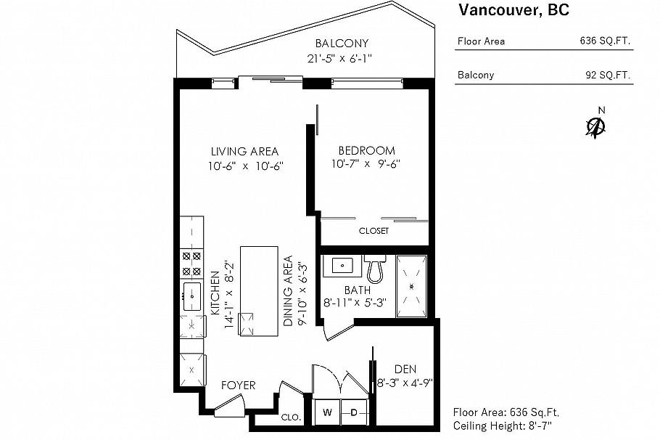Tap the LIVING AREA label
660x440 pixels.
click(x=244, y=152)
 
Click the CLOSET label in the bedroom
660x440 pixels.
click(x=374, y=231)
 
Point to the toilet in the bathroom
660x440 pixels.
click(x=375, y=269)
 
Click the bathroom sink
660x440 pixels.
click(x=340, y=266)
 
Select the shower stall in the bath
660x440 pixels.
click(x=411, y=286)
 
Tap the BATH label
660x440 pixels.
click(x=358, y=290)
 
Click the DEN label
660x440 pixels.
click(x=405, y=369)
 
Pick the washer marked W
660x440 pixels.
click(x=327, y=412)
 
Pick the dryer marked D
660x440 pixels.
click(x=354, y=412)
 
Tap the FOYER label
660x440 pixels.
click(x=238, y=385)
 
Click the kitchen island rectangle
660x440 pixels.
click(x=259, y=290)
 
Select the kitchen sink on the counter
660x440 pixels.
click(x=192, y=296)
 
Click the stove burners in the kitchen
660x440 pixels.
click(x=191, y=264)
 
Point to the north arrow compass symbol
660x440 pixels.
click(x=596, y=126)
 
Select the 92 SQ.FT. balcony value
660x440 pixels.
click(x=608, y=75)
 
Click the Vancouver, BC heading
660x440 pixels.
click(x=513, y=10)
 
